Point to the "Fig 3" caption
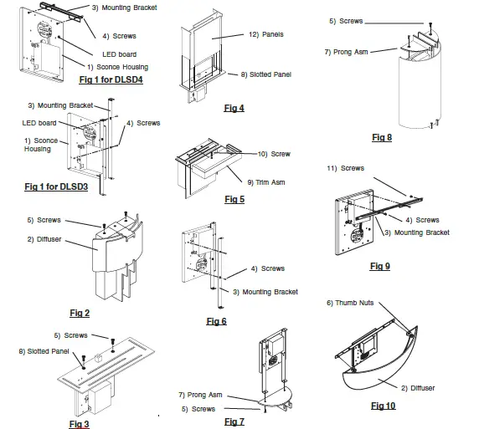(x=80, y=424)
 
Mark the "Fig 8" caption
(x=381, y=137)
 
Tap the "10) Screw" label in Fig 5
(x=274, y=154)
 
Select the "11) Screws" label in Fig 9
(x=346, y=168)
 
